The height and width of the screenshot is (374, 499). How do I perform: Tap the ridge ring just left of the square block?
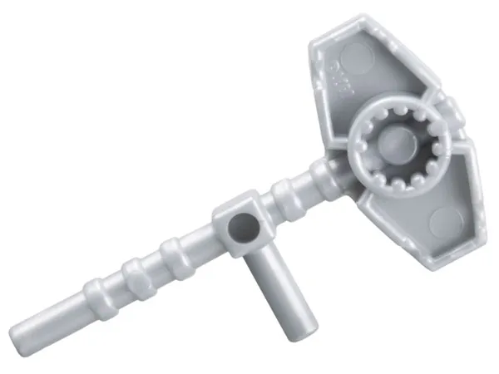click(173, 249)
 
